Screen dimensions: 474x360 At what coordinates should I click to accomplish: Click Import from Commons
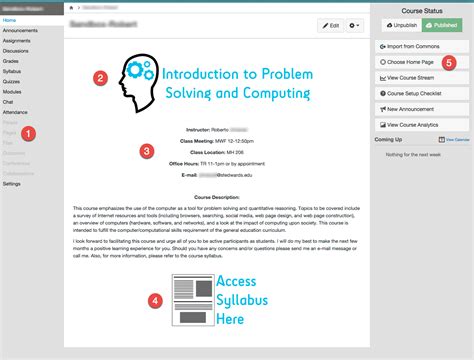(415, 46)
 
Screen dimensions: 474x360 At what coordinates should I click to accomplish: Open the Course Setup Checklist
(415, 93)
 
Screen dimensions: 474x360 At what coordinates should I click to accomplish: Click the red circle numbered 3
(147, 151)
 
